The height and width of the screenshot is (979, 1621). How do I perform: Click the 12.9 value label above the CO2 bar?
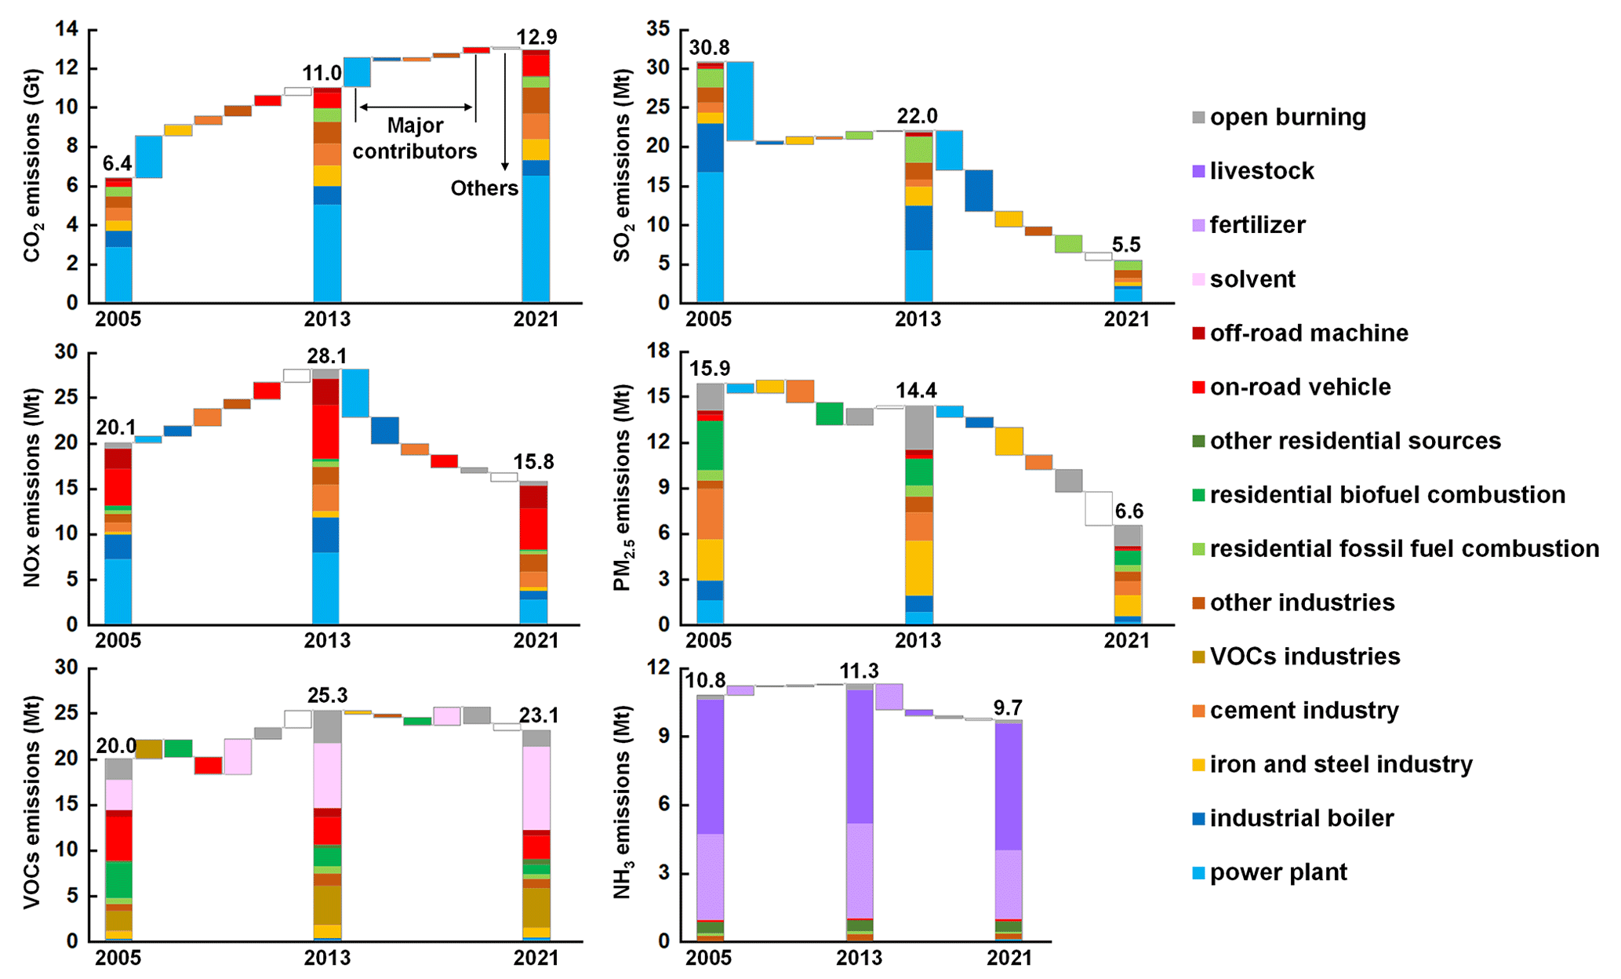(536, 37)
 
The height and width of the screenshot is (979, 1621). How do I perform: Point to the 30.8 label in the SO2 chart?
(709, 48)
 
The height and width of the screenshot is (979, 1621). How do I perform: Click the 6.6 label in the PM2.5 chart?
(1129, 512)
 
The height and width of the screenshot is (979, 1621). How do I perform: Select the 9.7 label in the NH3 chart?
(1008, 708)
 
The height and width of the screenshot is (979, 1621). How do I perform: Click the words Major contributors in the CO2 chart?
(415, 138)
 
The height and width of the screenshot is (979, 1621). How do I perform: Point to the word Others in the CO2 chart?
(484, 188)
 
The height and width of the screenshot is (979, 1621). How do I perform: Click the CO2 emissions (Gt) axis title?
(32, 166)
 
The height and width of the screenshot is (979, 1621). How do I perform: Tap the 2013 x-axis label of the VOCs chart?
(327, 958)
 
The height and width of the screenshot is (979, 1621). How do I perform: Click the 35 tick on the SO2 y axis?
(658, 30)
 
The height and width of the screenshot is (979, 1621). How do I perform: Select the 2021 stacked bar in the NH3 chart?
(1009, 831)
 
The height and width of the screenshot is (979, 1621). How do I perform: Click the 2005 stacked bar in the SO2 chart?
(710, 182)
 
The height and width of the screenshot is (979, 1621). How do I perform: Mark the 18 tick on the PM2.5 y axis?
(658, 351)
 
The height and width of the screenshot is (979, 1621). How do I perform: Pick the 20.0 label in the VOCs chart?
(116, 746)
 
